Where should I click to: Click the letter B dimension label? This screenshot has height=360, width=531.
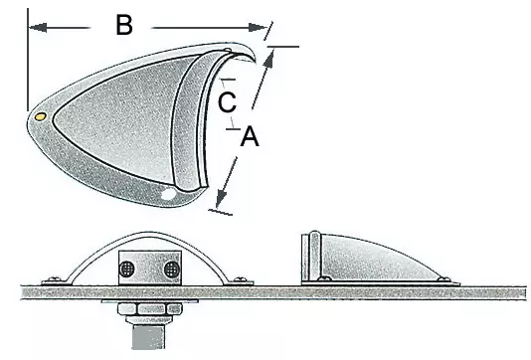point(123,26)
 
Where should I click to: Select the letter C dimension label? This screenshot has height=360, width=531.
point(228,100)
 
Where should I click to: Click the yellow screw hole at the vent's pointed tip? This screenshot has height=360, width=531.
point(39,116)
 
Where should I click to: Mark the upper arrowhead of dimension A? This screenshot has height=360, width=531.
point(268,58)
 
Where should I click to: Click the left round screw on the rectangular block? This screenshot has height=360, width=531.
point(129,270)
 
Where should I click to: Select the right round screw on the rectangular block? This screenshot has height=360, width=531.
point(171,270)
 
